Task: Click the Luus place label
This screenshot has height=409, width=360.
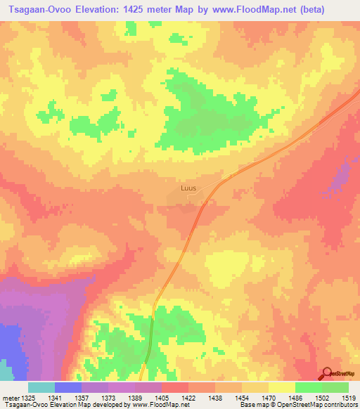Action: [188, 188]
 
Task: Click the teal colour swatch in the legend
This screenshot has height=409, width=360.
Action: [41, 387]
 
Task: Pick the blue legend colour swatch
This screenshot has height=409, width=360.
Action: [68, 387]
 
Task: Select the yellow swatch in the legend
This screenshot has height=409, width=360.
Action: [282, 387]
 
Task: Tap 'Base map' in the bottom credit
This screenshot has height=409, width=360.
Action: [253, 405]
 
